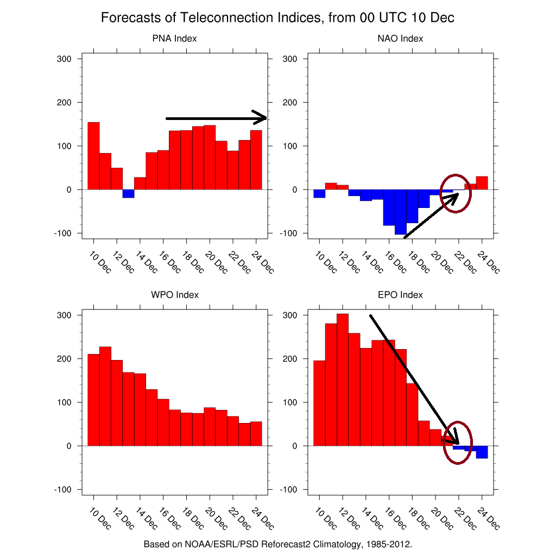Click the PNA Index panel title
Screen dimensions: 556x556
pyautogui.click(x=174, y=39)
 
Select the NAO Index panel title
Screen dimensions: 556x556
pyautogui.click(x=400, y=39)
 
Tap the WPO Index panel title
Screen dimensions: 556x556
pyautogui.click(x=174, y=295)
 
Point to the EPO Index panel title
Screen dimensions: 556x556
pyautogui.click(x=400, y=295)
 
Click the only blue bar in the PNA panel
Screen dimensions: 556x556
pyautogui.click(x=128, y=194)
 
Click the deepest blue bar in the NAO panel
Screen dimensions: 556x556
pyautogui.click(x=400, y=212)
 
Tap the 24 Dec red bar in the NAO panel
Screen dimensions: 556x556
pyautogui.click(x=482, y=183)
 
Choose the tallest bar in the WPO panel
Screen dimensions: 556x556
pyautogui.click(x=105, y=396)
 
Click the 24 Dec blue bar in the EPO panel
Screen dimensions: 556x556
pyautogui.click(x=482, y=452)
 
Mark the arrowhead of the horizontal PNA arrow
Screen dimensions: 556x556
pyautogui.click(x=261, y=118)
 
